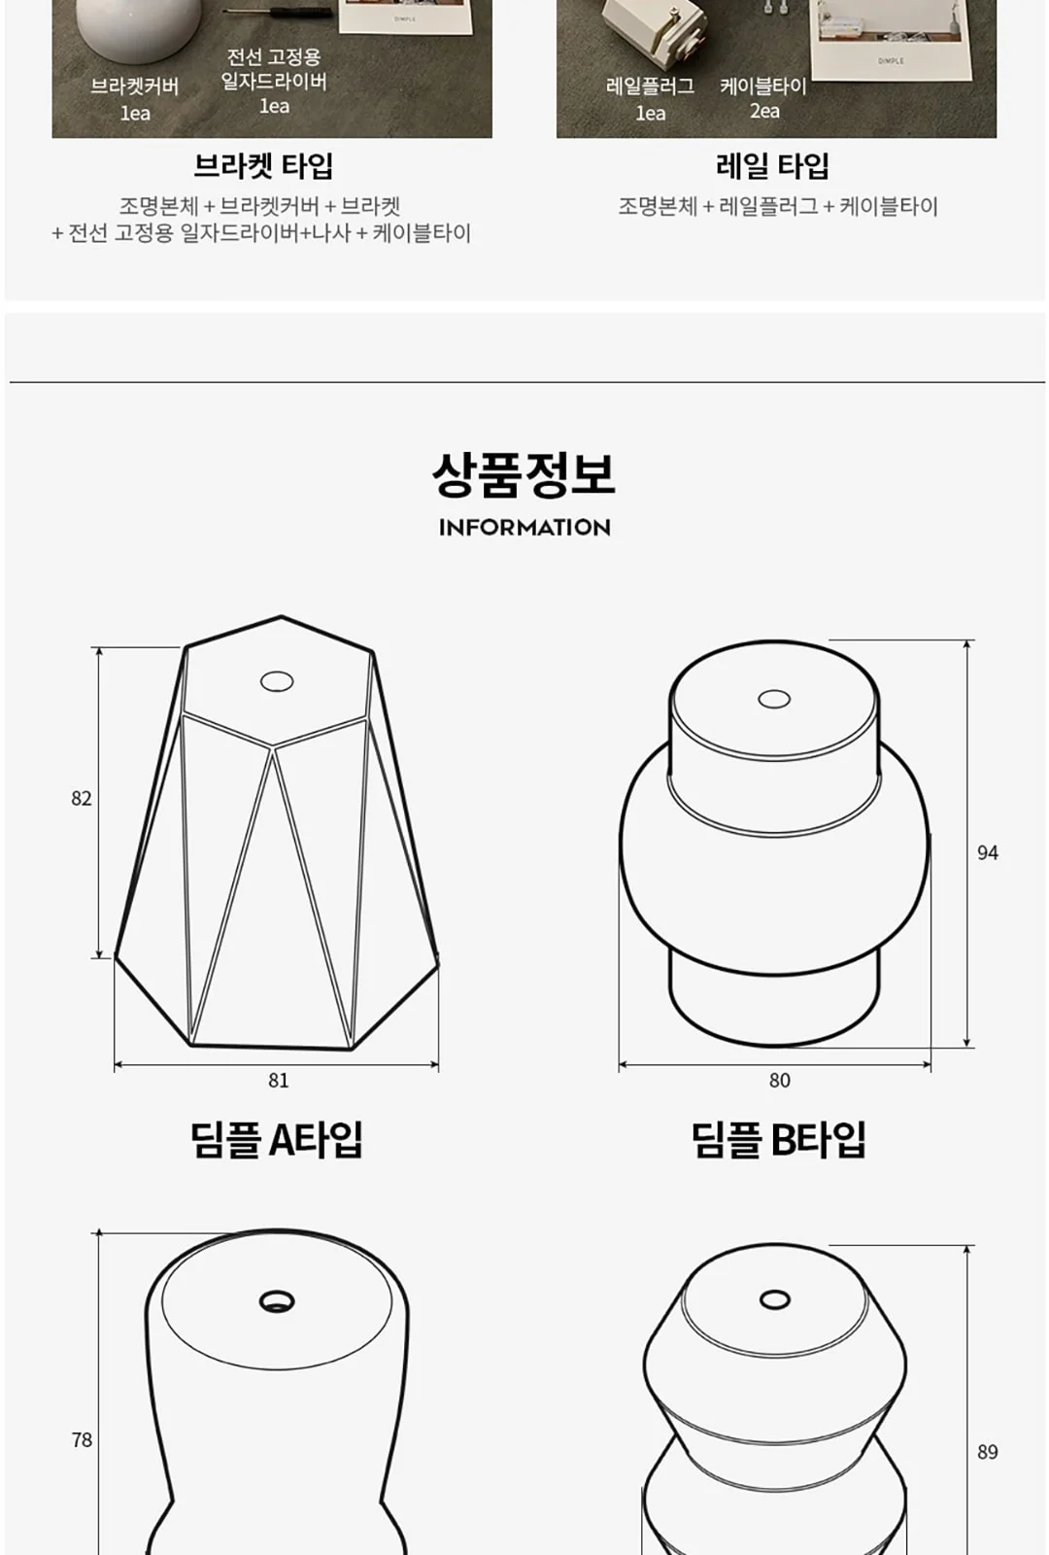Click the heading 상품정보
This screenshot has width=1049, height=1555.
coord(524,475)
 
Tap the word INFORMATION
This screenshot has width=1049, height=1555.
coord(524,528)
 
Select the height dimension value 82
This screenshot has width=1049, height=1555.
coord(82,798)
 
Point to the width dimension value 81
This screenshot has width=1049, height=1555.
coord(278,1080)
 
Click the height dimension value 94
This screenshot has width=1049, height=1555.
coord(987,852)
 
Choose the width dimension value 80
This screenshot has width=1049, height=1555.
coord(779,1080)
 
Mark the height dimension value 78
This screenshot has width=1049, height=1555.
coord(82,1439)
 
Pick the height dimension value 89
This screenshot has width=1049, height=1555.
coord(987,1452)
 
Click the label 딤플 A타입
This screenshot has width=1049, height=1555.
coord(277,1140)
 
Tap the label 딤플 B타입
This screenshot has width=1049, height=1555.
coord(779,1140)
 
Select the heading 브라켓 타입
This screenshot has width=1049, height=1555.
coord(263,166)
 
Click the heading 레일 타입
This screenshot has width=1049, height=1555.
coord(773,166)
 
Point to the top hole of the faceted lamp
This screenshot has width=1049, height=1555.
coord(277,681)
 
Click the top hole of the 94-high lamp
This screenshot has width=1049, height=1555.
coord(774,699)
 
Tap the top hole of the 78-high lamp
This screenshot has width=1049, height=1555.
coord(277,1301)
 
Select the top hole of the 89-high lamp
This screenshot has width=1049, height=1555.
coord(775,1299)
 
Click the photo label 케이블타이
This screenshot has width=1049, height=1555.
coord(763,86)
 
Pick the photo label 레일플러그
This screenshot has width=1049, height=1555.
coord(650,86)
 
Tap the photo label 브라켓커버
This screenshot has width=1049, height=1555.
coord(135,86)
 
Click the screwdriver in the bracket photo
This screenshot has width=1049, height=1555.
coord(278,12)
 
